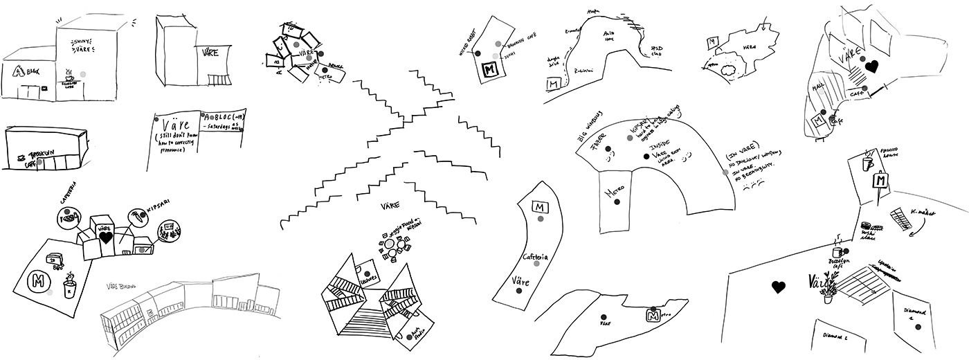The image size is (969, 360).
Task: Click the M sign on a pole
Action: coord(880,181)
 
